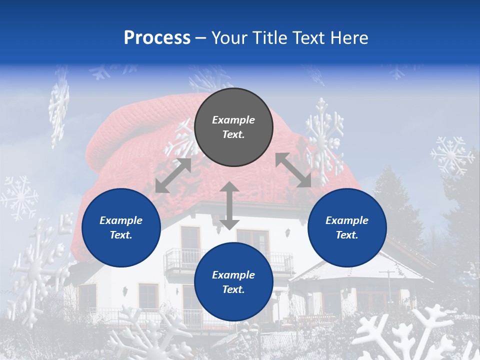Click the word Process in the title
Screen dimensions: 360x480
(157, 38)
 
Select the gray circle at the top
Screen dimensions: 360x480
(233, 127)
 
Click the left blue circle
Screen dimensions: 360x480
(121, 227)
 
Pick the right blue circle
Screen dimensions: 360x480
(347, 227)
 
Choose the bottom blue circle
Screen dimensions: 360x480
(233, 282)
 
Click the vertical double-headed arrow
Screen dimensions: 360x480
(229, 205)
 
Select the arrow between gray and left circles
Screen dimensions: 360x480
(173, 175)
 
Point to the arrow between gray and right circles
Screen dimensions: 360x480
(293, 170)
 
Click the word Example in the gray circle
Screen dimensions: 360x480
(233, 120)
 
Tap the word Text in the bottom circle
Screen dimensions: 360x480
(232, 289)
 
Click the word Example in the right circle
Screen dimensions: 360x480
(347, 220)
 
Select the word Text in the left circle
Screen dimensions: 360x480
(120, 235)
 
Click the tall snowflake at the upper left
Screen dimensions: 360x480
(59, 107)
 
